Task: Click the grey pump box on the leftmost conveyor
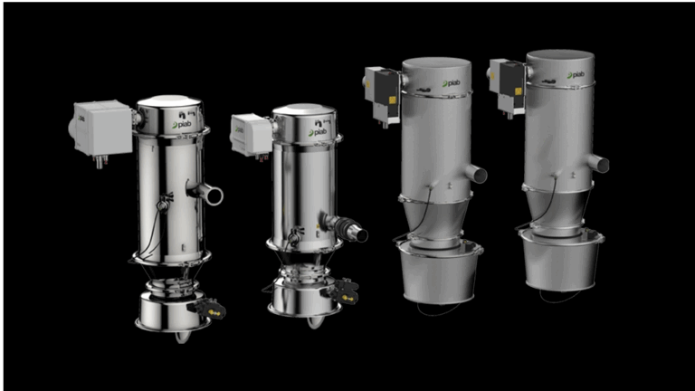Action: [x=101, y=126]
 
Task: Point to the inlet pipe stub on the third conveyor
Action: [x=476, y=173]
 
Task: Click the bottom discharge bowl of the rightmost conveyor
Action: [x=560, y=262]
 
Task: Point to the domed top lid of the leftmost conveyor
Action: [x=174, y=100]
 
